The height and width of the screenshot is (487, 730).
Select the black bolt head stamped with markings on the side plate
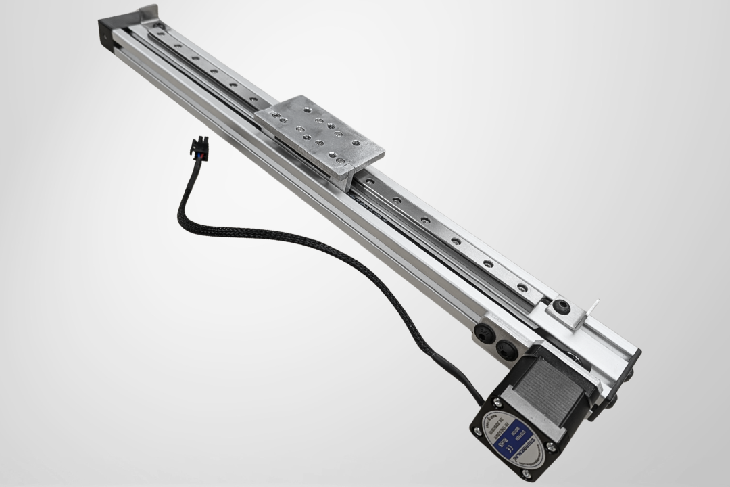(x=483, y=332)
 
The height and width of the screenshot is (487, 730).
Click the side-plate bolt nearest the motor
(x=507, y=350)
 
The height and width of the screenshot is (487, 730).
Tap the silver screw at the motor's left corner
(x=479, y=431)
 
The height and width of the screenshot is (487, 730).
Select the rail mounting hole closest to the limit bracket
(x=522, y=287)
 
